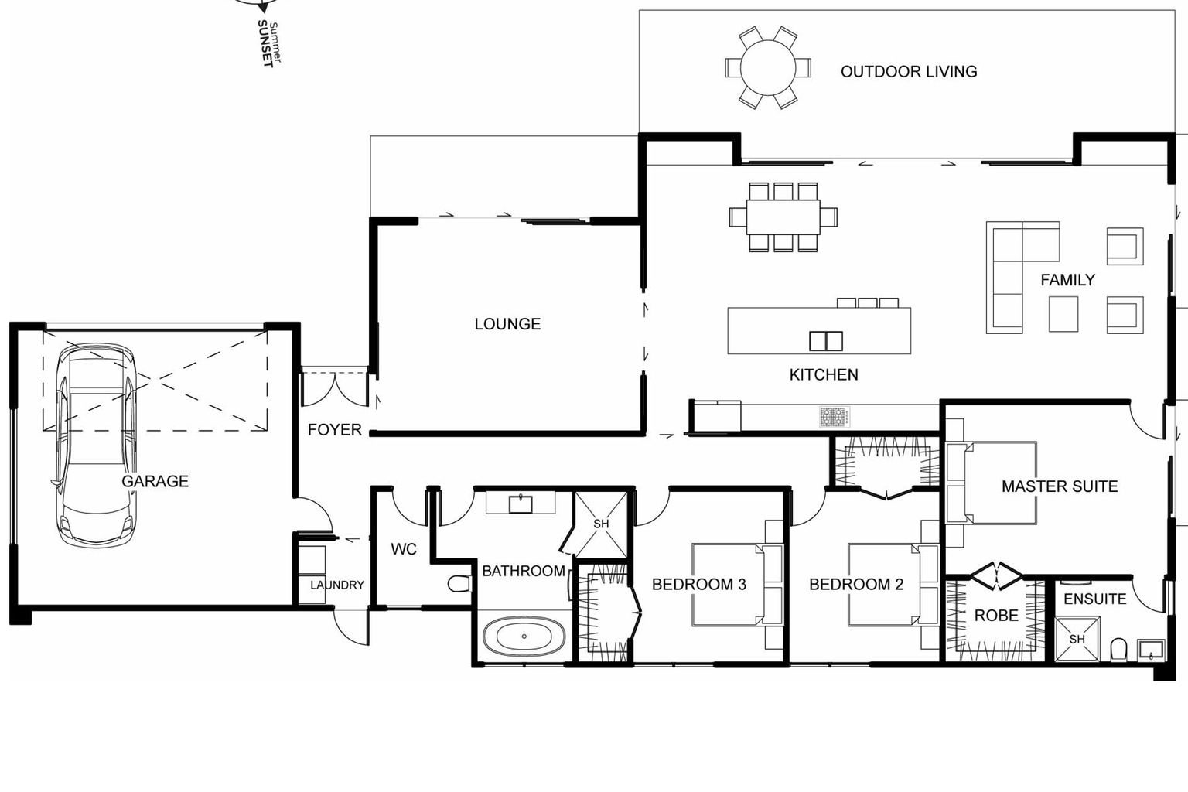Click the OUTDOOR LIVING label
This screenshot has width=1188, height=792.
point(908,71)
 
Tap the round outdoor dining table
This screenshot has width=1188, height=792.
point(767,68)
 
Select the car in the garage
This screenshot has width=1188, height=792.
point(94,445)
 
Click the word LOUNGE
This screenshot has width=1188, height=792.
point(507,324)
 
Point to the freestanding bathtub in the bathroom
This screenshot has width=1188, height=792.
point(524,637)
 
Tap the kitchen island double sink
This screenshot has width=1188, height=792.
point(825,340)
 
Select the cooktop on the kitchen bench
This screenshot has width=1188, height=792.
point(835,417)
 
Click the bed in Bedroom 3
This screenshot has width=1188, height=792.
point(727,585)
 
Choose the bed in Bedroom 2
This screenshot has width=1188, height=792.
point(886,585)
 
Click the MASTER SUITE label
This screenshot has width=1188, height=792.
point(1059,486)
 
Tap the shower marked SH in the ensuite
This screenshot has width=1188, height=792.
point(1077,639)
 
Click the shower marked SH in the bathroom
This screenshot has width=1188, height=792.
point(601,524)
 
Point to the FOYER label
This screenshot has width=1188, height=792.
point(334,430)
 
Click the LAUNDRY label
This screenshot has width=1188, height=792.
point(336,585)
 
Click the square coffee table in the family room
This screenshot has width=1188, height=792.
point(1063,314)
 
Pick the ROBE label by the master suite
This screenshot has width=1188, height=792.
point(995,616)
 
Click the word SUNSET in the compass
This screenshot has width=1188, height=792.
point(265,44)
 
